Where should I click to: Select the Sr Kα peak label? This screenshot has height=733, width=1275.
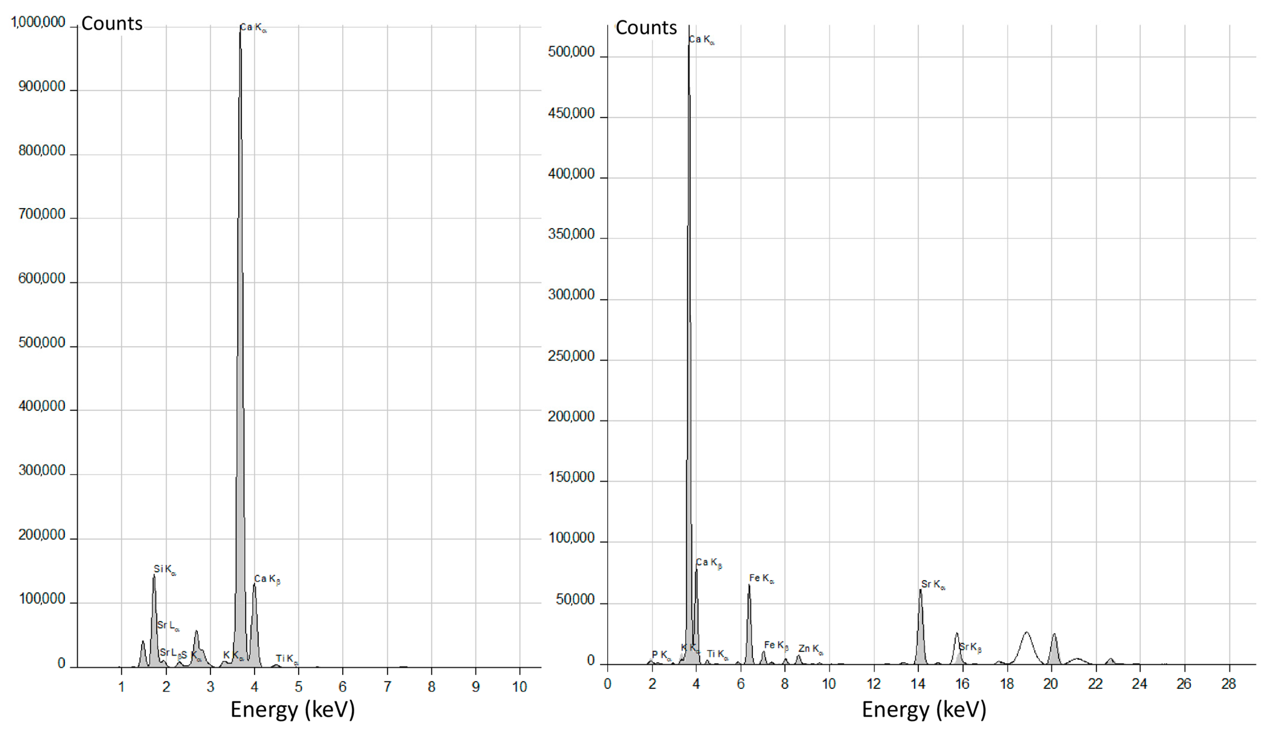click(x=933, y=584)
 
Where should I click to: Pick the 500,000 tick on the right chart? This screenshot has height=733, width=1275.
click(x=571, y=52)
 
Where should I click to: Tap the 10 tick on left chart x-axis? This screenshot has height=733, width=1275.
click(x=519, y=687)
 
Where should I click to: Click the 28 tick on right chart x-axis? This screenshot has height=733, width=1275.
click(x=1229, y=684)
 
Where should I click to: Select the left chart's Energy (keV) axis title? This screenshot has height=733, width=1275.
click(x=292, y=709)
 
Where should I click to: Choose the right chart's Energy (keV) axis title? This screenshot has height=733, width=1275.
click(x=924, y=709)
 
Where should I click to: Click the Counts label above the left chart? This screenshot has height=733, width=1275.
click(x=112, y=24)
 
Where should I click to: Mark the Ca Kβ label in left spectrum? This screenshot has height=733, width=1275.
click(x=267, y=580)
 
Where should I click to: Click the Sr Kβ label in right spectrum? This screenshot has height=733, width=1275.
click(x=970, y=648)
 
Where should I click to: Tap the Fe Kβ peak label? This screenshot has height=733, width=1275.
click(x=776, y=645)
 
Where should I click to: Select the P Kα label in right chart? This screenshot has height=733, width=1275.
click(x=661, y=655)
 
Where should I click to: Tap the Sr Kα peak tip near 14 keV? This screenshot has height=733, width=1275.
click(x=920, y=590)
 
